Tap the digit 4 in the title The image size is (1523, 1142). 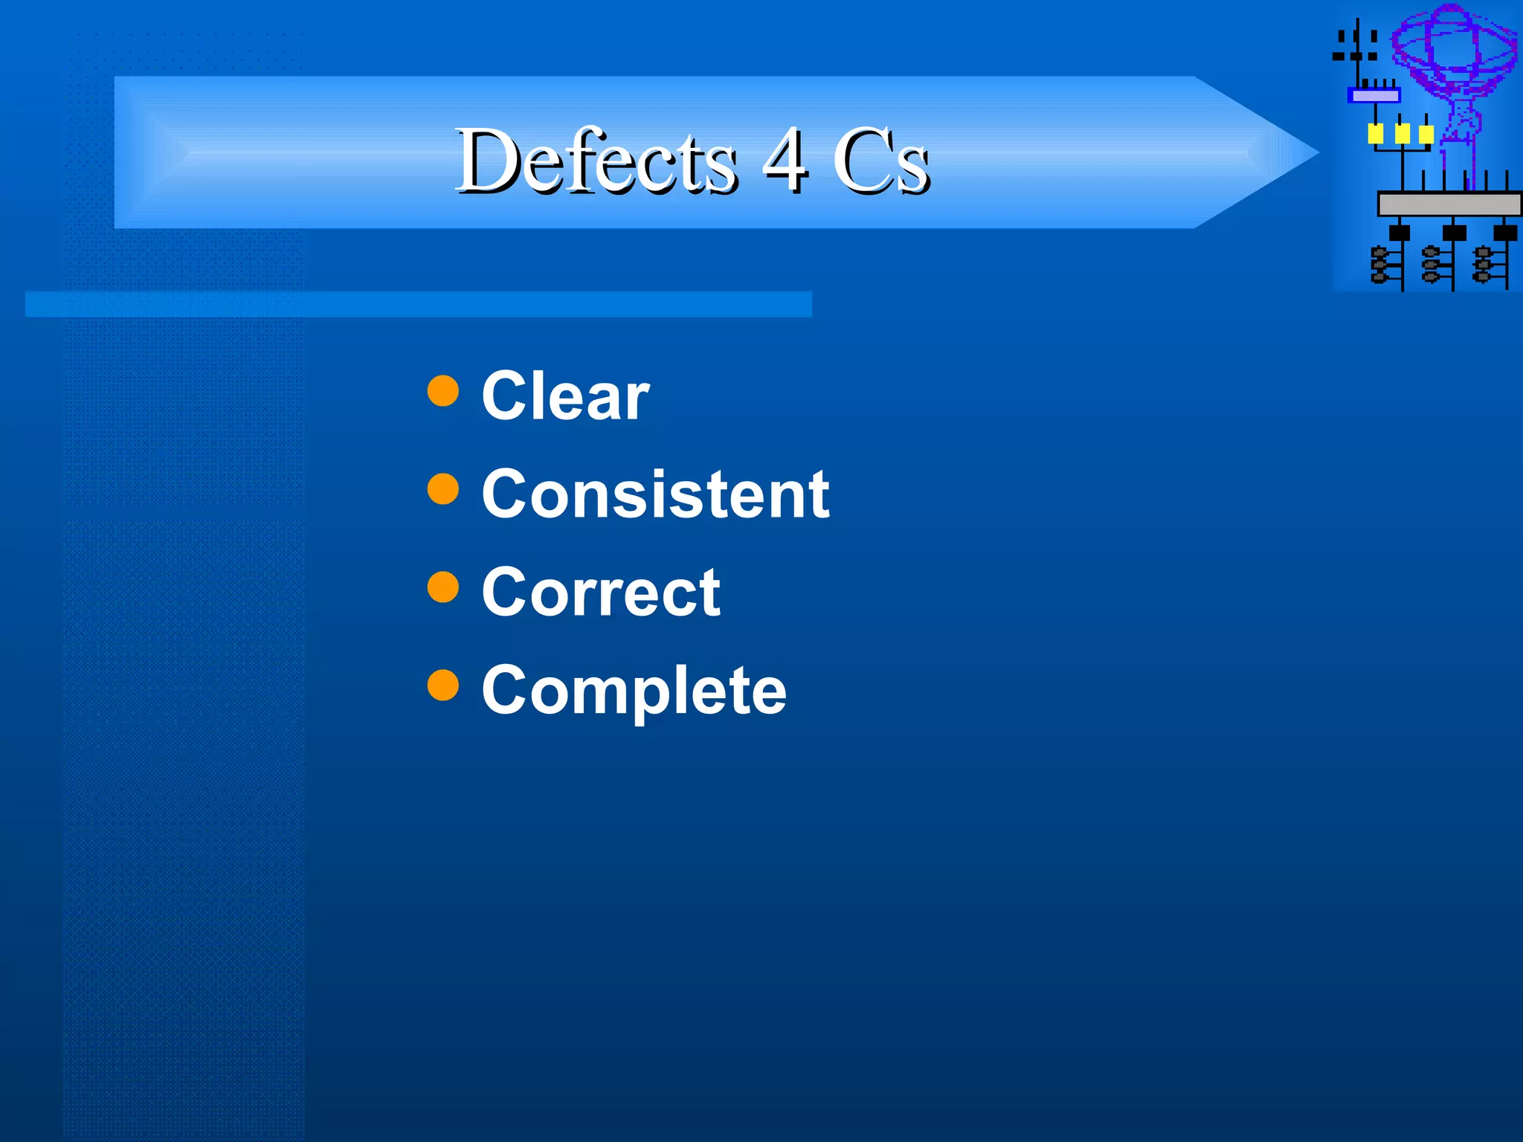click(785, 159)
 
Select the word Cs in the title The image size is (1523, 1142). click(880, 161)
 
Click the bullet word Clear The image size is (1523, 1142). click(565, 396)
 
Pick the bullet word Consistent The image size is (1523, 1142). click(655, 494)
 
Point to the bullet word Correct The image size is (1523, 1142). click(601, 593)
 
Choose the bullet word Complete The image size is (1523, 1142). click(634, 691)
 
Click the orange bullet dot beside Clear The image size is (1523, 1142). click(443, 391)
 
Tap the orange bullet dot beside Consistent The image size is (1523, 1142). click(443, 489)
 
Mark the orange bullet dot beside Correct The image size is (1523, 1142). click(443, 587)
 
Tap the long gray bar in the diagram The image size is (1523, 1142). click(1449, 204)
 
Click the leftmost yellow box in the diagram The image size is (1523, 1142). click(1376, 134)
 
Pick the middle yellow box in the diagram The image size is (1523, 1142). click(1402, 134)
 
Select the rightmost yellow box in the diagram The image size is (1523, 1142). click(1426, 134)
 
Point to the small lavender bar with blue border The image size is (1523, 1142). click(1374, 96)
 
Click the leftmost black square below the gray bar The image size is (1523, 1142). click(1400, 233)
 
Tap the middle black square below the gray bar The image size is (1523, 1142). click(1454, 233)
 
